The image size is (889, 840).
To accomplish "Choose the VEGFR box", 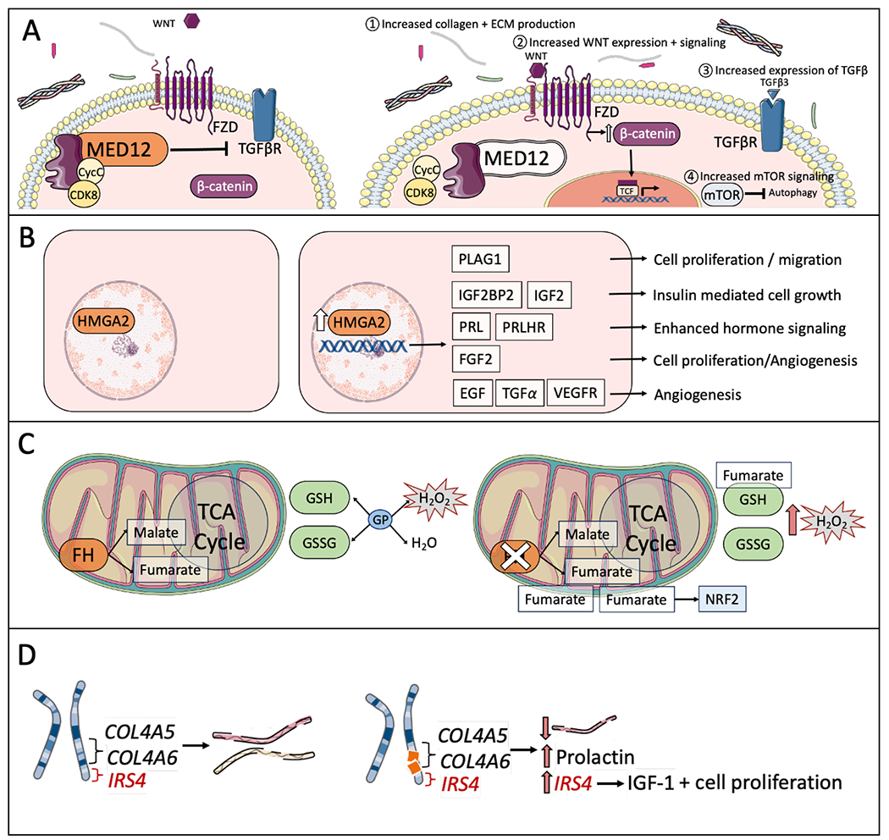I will [576, 395].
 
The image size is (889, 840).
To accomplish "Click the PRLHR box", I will [538, 327].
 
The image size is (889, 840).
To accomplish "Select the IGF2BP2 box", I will [486, 294].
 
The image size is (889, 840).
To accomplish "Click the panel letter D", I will [28, 657].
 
